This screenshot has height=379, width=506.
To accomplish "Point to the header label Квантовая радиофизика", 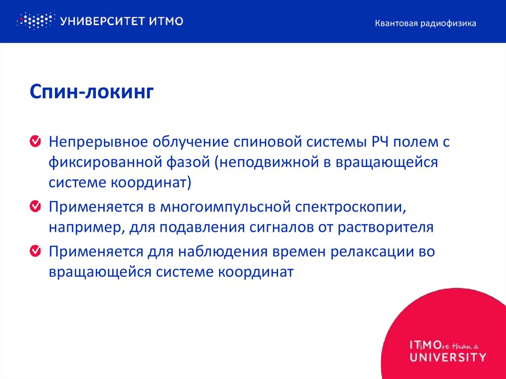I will click(x=425, y=23).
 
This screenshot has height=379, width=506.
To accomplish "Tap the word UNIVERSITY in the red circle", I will click(x=448, y=356).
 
